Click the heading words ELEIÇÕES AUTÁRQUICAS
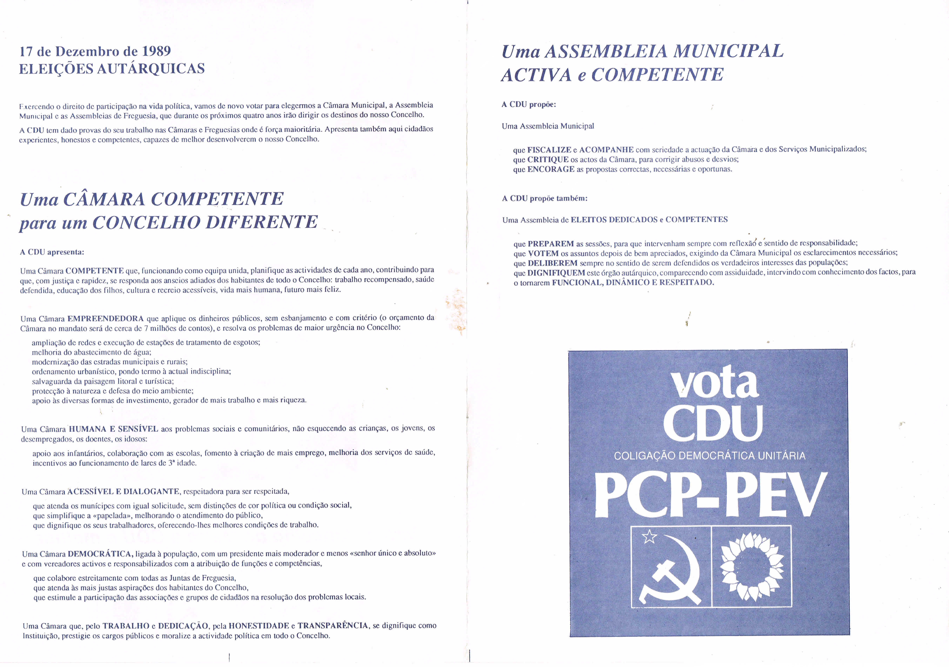pos(112,69)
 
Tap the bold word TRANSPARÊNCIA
pos(333,626)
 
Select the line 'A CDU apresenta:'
pos(52,252)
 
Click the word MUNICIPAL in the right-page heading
pos(728,51)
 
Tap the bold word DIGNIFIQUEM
pos(556,273)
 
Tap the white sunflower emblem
pos(752,566)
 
